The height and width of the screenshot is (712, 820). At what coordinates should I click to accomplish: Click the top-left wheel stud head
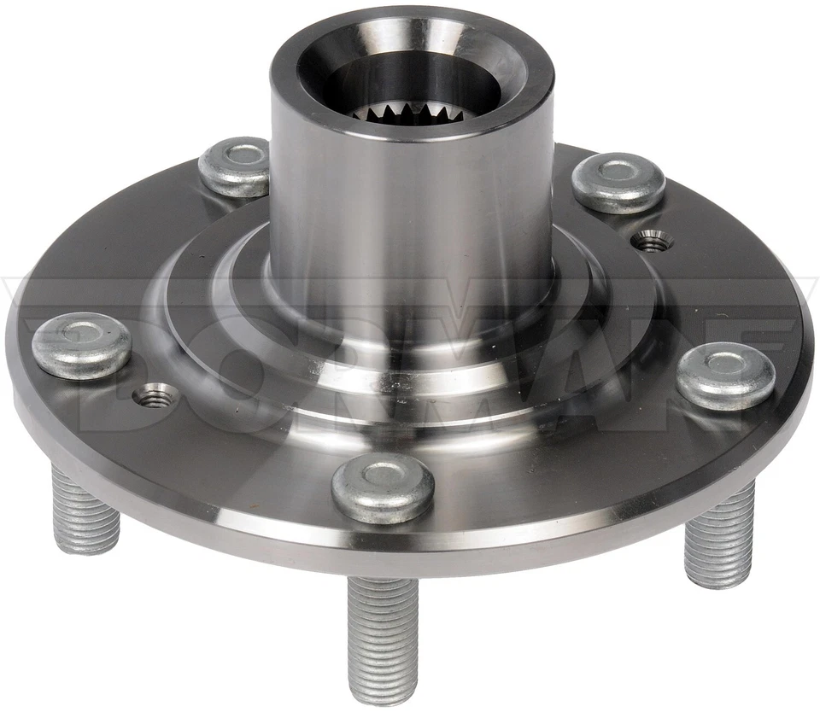click(x=234, y=166)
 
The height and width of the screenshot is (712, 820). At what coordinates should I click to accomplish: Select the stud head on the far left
click(x=81, y=344)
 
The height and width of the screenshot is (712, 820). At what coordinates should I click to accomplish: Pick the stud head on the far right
click(x=726, y=375)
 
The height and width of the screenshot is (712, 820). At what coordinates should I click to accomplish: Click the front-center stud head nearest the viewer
click(x=382, y=487)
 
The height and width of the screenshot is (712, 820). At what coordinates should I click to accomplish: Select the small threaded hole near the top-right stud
click(x=653, y=242)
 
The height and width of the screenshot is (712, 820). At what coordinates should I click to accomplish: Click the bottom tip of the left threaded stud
click(x=85, y=546)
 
